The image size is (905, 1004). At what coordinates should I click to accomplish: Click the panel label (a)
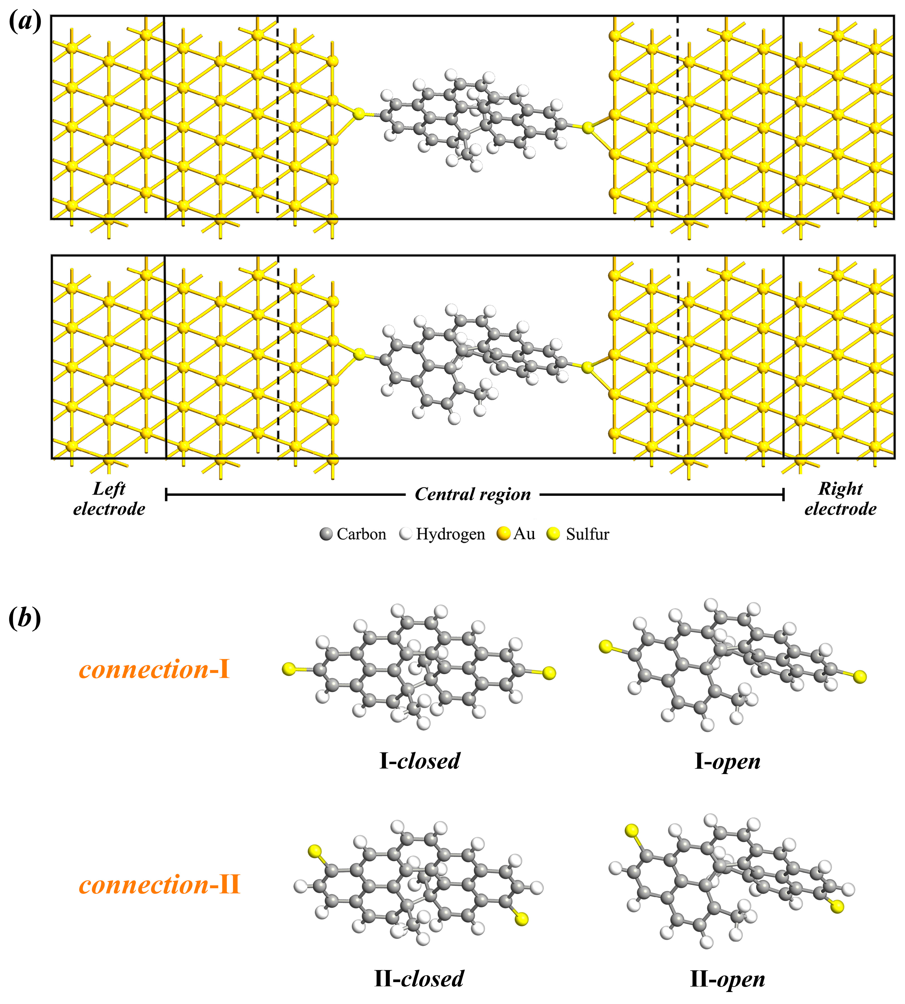(25, 22)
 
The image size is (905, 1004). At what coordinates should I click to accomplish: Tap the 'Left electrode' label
(109, 499)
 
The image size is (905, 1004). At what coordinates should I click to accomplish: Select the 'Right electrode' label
(840, 499)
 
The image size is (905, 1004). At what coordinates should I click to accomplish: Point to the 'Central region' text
(473, 494)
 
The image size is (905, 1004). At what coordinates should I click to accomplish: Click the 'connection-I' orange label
(154, 670)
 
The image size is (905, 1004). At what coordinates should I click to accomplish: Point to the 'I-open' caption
(727, 761)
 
